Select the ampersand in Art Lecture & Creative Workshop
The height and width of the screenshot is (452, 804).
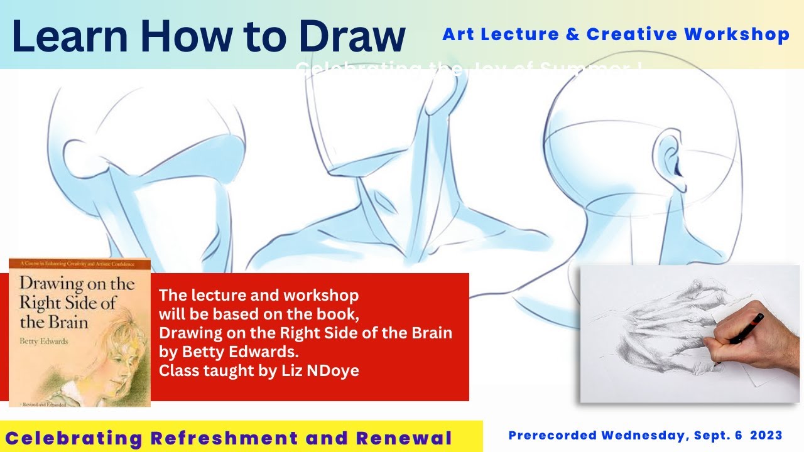pos(572,35)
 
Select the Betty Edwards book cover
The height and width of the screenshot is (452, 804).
pos(80,333)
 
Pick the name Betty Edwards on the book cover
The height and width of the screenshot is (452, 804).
pos(45,342)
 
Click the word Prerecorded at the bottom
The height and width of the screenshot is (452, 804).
pos(552,436)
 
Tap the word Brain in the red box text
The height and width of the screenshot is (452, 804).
pos(429,333)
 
